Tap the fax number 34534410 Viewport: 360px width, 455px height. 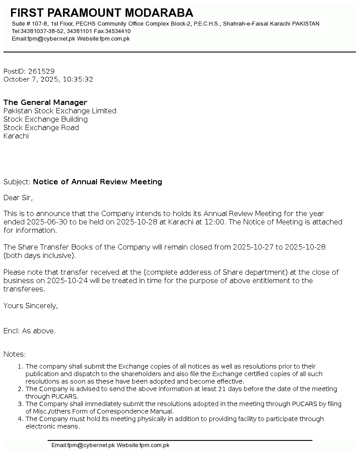118,31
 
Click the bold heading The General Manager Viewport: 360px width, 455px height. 45,103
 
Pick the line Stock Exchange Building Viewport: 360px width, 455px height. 45,119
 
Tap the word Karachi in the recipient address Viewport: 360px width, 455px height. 16,136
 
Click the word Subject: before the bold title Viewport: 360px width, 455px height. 17,182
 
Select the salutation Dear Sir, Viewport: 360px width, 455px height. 18,198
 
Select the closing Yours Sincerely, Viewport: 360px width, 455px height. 30,306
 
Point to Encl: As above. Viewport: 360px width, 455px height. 30,331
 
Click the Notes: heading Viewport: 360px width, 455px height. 15,354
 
